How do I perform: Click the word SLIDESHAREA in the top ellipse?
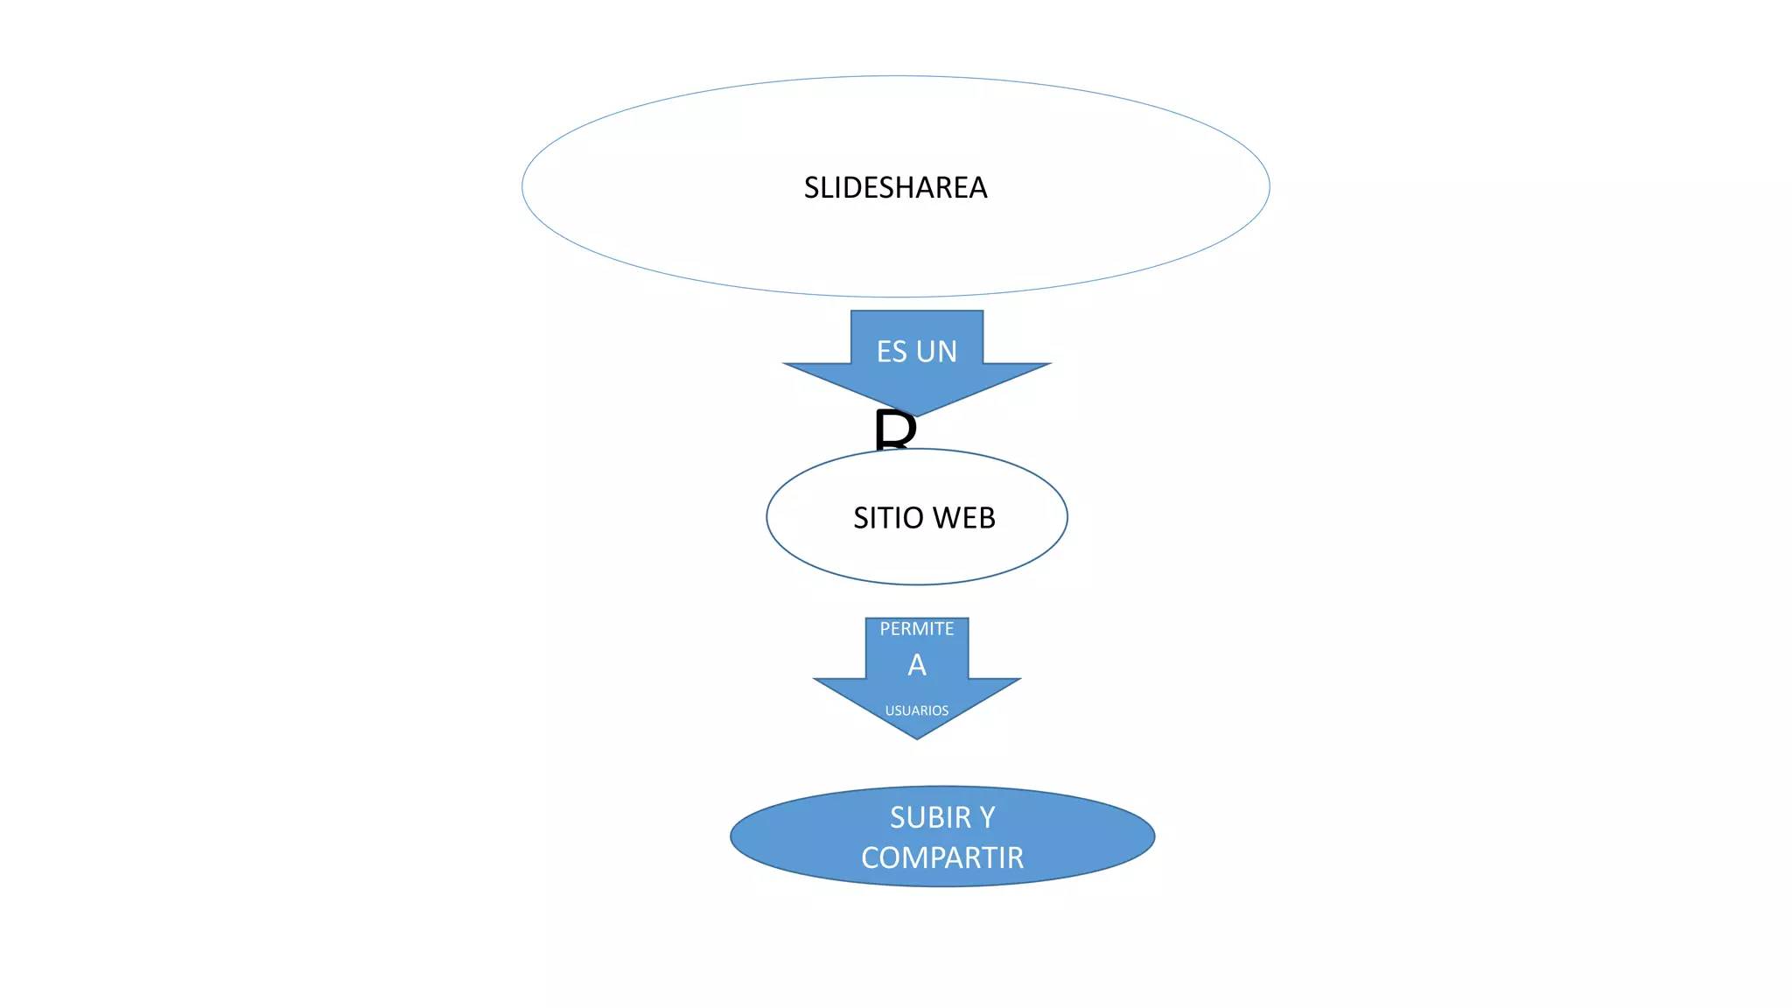(895, 187)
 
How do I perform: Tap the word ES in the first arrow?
(892, 352)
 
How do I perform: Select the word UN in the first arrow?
(937, 352)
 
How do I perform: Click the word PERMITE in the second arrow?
(916, 629)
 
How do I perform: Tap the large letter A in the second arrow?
(916, 666)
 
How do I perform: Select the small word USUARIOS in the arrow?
(916, 710)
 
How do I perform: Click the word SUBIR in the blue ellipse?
(930, 817)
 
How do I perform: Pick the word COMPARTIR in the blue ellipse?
(941, 858)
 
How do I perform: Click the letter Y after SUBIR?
(987, 817)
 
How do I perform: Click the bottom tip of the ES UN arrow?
(916, 416)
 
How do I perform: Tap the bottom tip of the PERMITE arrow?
(916, 738)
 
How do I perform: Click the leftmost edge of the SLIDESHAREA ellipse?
(523, 186)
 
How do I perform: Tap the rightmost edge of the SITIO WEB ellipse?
(1067, 517)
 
